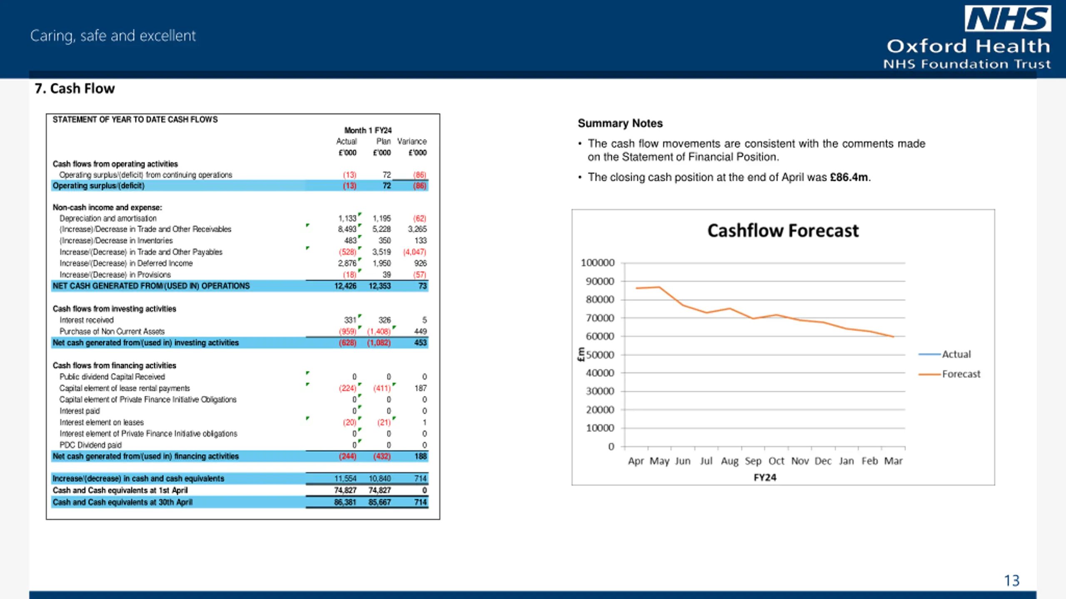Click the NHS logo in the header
(1008, 19)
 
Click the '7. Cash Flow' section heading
(75, 89)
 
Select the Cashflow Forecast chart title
(783, 230)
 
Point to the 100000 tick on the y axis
(598, 263)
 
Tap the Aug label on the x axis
(730, 461)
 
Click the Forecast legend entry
(949, 374)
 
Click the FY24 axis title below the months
(765, 478)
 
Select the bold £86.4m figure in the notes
(849, 177)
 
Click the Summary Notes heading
(620, 123)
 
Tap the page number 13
(1011, 581)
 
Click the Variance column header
(412, 141)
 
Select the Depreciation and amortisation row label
(108, 218)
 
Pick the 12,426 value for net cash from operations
(345, 286)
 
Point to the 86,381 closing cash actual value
(345, 502)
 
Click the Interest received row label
(86, 320)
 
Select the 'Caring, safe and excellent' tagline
(113, 36)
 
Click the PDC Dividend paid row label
(90, 445)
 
